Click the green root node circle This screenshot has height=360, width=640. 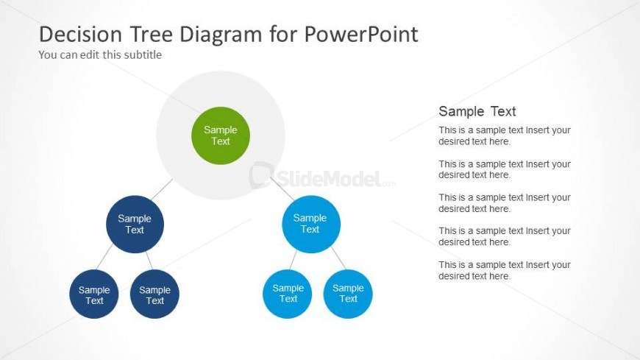[221, 135]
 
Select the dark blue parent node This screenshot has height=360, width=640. [135, 225]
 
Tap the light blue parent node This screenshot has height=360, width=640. [311, 224]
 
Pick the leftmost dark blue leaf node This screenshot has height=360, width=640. [94, 294]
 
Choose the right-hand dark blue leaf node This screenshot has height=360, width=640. [154, 294]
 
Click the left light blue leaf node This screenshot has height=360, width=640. [288, 294]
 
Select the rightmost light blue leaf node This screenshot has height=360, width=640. [348, 294]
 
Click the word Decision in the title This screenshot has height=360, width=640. [80, 34]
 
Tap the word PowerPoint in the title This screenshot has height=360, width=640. [361, 34]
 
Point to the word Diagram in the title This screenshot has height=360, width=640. [221, 35]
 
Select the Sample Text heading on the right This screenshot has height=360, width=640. [477, 111]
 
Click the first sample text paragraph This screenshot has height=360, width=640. [505, 135]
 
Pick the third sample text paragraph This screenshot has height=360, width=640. [505, 203]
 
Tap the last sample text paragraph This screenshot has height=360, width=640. [505, 270]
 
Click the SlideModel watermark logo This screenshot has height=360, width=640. [322, 177]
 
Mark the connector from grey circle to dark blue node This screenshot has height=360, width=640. [162, 190]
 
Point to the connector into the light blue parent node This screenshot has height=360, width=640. [282, 188]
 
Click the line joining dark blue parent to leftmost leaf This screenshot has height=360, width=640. [104, 257]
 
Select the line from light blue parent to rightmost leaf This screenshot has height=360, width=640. [339, 258]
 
